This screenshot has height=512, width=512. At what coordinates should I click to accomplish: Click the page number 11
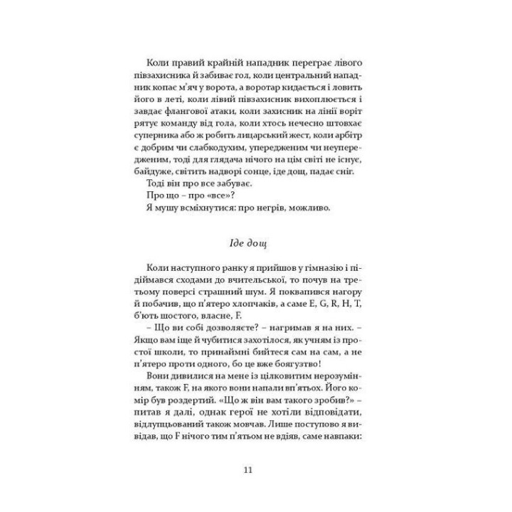pos(246,469)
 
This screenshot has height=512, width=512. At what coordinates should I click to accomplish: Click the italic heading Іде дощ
pos(246,244)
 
